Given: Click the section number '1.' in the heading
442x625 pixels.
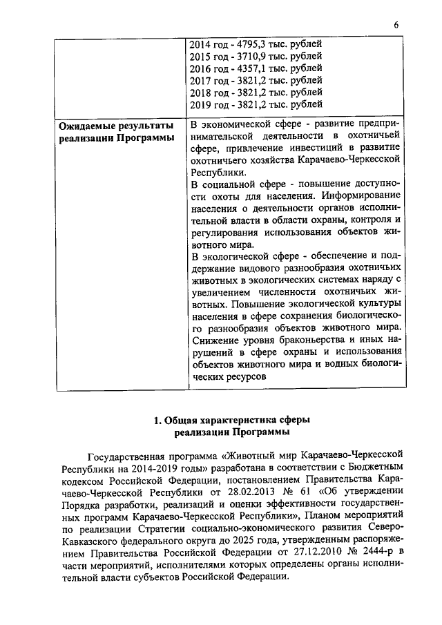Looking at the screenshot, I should pos(157,421).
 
